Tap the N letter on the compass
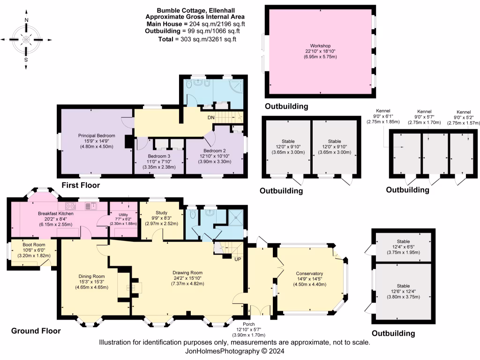(x=26, y=20)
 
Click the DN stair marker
(x=211, y=118)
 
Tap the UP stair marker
(x=238, y=259)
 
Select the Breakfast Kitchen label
(x=56, y=213)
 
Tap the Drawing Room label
(x=187, y=272)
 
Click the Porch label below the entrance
(x=249, y=324)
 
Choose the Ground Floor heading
(x=36, y=331)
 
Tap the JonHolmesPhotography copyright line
(x=234, y=351)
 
